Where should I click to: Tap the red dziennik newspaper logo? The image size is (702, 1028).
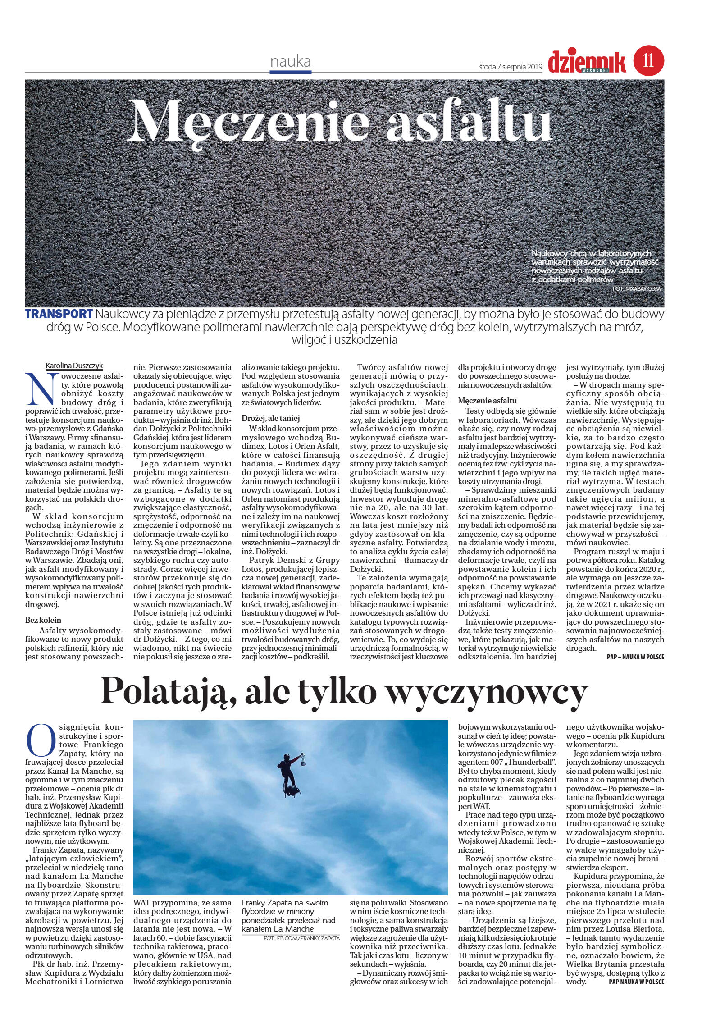click(x=587, y=62)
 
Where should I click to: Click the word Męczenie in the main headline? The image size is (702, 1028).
click(x=250, y=120)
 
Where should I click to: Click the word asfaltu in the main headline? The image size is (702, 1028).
click(x=470, y=120)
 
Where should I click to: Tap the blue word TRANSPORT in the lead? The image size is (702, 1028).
click(x=59, y=314)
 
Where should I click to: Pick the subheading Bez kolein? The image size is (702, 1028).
click(x=43, y=620)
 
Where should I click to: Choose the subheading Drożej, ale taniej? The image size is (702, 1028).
click(x=271, y=418)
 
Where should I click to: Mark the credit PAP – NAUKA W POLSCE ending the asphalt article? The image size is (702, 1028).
click(x=635, y=657)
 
